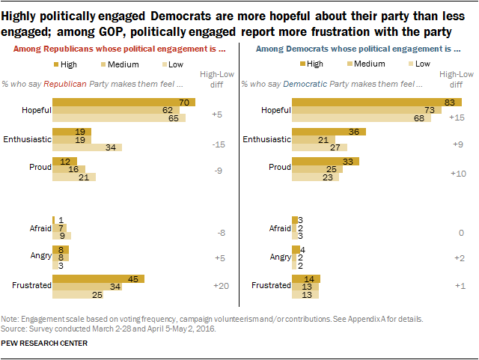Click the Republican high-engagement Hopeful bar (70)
tap(123, 102)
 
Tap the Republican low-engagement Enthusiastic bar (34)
tap(87, 147)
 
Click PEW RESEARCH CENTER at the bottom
tap(45, 344)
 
